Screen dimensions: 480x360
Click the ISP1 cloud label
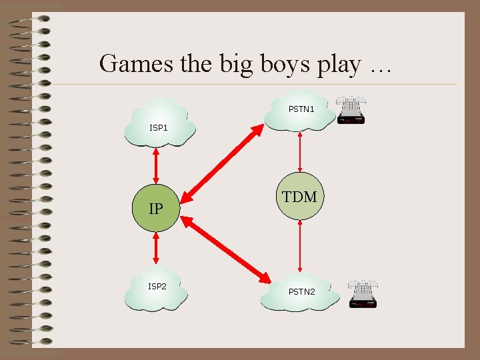[x=159, y=127]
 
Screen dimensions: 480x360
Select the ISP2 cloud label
[x=157, y=286]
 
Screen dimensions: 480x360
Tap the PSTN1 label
[x=301, y=108]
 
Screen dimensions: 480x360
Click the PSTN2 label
[x=302, y=291]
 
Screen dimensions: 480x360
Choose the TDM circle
[x=300, y=197]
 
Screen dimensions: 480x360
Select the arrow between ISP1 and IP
[x=156, y=167]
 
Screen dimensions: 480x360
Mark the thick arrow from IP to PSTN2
[x=227, y=248]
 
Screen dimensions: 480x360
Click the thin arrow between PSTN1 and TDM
[x=300, y=152]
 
